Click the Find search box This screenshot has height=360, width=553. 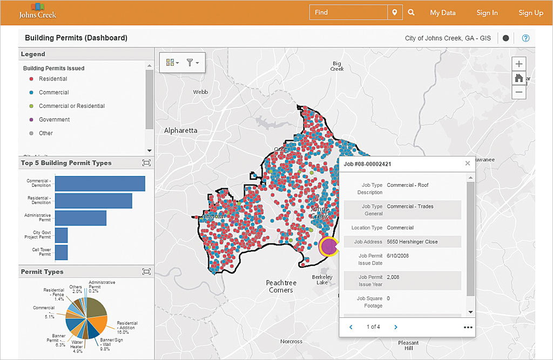(x=348, y=12)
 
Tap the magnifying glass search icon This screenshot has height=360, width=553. (x=411, y=12)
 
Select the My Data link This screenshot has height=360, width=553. (x=443, y=12)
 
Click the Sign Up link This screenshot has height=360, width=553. (x=530, y=12)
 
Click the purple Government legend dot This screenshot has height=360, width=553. (x=30, y=120)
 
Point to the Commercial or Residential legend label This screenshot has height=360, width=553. (x=72, y=106)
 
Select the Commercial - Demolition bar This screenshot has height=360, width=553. (x=100, y=184)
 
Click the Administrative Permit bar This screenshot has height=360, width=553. (x=80, y=218)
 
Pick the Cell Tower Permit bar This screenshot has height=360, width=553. (x=61, y=252)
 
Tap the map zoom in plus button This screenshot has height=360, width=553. (x=519, y=64)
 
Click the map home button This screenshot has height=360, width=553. (x=519, y=78)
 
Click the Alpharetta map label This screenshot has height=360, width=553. (x=181, y=131)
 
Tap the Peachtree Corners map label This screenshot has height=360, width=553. (x=281, y=286)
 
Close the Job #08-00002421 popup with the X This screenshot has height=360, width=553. (x=468, y=163)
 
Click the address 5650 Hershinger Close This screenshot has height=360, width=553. (x=413, y=242)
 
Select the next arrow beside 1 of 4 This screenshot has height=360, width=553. (x=396, y=327)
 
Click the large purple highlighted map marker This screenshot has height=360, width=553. (x=328, y=246)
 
